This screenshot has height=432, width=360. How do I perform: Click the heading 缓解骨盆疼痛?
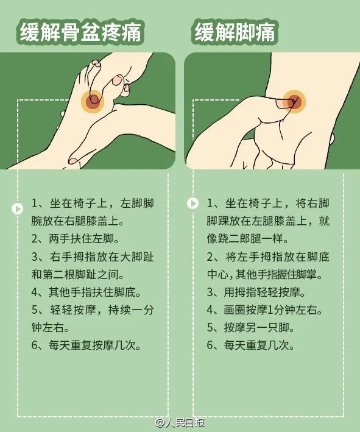[80, 32]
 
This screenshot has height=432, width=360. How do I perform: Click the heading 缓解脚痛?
[235, 32]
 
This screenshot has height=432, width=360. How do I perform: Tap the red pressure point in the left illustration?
[93, 101]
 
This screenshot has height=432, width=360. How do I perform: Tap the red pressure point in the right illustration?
[294, 101]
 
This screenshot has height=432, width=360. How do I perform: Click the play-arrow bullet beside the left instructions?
[17, 208]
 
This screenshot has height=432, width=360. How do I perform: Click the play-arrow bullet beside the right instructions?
[192, 204]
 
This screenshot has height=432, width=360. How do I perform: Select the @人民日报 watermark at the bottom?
[180, 423]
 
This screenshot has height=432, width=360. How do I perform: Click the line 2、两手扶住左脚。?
[75, 239]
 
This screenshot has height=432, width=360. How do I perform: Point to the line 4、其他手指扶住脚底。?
[86, 292]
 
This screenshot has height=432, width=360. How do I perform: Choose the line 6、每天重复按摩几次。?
[86, 345]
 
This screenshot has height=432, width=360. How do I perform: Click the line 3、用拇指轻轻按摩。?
[256, 292]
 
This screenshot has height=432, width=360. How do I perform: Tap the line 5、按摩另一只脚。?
[250, 328]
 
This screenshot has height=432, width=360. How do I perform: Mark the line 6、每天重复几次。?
[250, 345]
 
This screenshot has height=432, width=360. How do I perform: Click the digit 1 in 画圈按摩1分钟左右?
[270, 310]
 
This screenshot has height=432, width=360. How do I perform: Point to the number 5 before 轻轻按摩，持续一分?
[35, 310]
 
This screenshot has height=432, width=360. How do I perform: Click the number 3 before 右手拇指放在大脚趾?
[35, 257]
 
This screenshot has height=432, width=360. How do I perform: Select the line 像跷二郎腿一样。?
[248, 239]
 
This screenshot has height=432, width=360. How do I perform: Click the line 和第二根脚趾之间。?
[77, 274]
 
